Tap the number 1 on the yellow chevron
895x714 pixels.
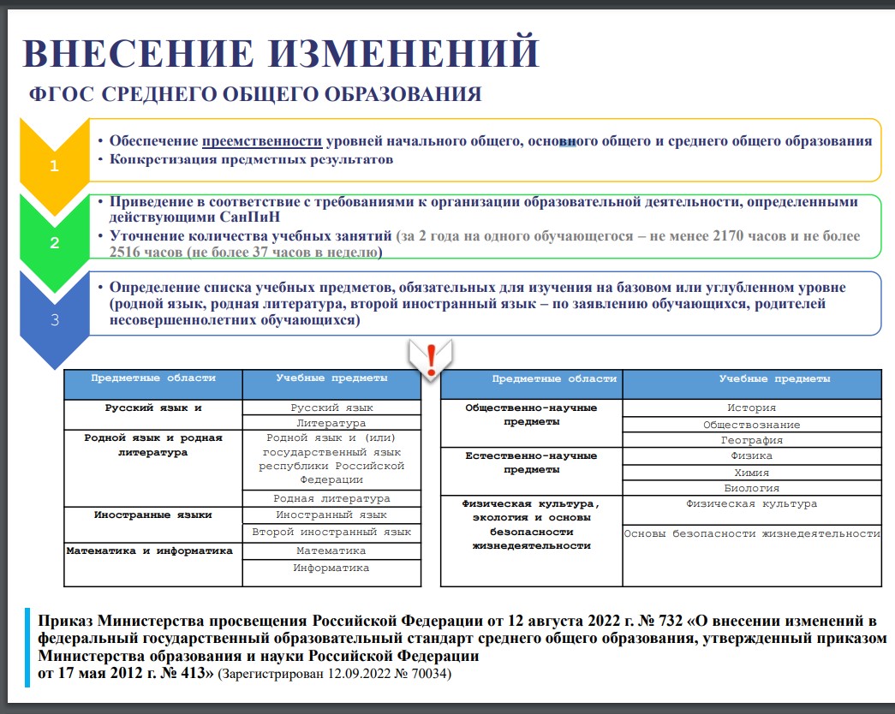(x=54, y=166)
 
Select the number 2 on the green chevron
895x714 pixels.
(x=54, y=242)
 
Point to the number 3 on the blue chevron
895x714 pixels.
(x=54, y=320)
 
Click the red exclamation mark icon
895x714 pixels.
(x=431, y=357)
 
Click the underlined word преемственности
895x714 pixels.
(x=262, y=141)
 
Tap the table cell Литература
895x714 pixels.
(x=331, y=423)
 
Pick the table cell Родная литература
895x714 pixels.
(x=331, y=498)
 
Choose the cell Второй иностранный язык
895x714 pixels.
(x=331, y=532)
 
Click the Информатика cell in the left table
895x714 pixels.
(x=331, y=568)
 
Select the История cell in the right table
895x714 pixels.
(x=751, y=408)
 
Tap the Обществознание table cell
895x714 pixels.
(x=751, y=425)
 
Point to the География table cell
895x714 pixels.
(x=751, y=440)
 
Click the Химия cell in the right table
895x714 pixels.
(x=751, y=473)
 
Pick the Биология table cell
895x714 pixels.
(x=751, y=488)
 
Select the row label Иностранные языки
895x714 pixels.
(x=153, y=515)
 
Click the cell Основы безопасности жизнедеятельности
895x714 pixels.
(x=751, y=534)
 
